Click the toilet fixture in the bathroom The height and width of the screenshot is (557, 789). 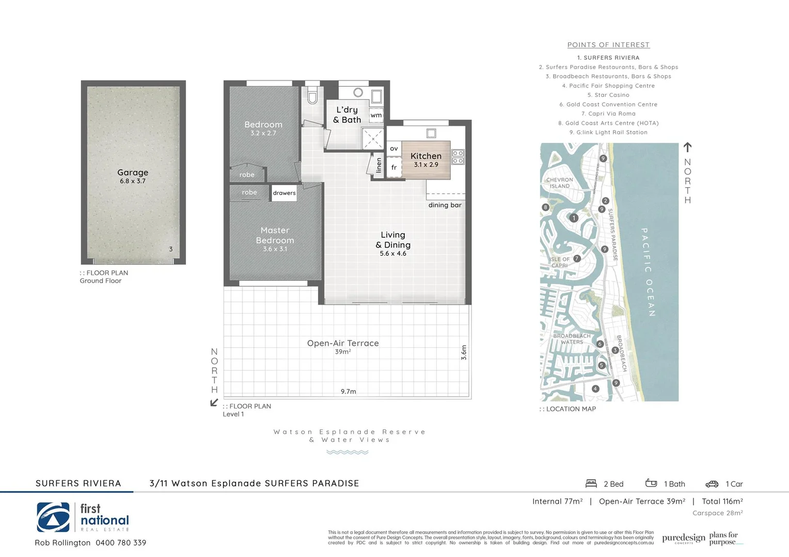[x=312, y=96]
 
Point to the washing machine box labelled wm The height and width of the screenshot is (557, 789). [x=376, y=116]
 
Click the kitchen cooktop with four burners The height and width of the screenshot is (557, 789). [x=457, y=157]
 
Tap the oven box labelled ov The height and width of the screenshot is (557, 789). [x=394, y=149]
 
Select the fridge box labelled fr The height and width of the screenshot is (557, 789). [x=394, y=168]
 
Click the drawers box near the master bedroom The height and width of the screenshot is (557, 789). [x=284, y=193]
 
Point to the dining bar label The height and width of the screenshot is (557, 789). [x=445, y=205]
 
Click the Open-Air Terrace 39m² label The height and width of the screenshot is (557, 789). [x=343, y=347]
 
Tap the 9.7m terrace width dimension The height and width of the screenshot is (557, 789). [x=349, y=391]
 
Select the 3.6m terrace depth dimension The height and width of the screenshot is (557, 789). [x=464, y=352]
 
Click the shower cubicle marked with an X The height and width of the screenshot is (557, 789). [x=373, y=139]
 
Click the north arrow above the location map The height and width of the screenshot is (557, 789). [x=687, y=148]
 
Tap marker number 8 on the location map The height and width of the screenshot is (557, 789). [x=545, y=207]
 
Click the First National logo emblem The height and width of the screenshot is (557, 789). [x=53, y=517]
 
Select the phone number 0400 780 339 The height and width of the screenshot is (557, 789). [x=121, y=543]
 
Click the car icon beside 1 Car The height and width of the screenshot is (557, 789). [x=712, y=484]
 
